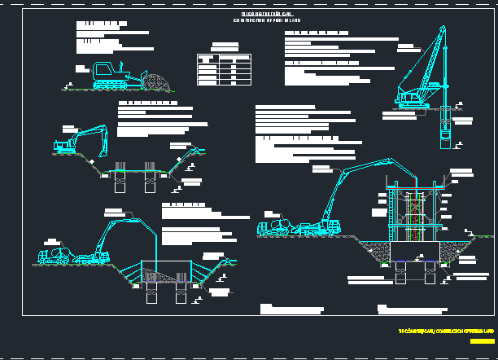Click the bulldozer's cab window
click(103, 68)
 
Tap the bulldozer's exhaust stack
click(119, 64)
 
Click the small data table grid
click(222, 69)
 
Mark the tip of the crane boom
click(443, 27)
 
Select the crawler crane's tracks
click(414, 105)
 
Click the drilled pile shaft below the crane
click(444, 129)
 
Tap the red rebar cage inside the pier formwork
click(418, 216)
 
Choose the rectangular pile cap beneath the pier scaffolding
click(417, 252)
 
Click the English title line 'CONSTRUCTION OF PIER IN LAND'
click(272, 20)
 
